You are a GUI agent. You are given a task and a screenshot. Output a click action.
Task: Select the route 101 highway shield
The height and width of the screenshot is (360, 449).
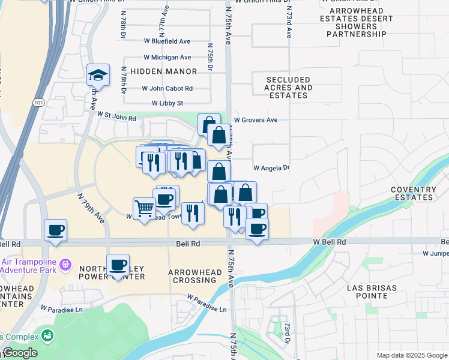[39, 103]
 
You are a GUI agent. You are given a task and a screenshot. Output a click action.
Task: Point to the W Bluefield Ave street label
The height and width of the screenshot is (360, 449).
[166, 41]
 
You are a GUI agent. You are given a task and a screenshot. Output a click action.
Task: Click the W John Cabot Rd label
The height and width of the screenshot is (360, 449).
[167, 88]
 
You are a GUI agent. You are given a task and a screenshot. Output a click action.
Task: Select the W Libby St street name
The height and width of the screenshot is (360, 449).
[167, 103]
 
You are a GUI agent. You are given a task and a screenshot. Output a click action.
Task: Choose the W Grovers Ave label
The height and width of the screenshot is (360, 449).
[256, 120]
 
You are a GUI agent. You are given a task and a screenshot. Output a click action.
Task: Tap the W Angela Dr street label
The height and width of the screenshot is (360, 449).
[271, 168]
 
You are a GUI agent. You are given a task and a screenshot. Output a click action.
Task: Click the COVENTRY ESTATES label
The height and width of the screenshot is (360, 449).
[412, 193]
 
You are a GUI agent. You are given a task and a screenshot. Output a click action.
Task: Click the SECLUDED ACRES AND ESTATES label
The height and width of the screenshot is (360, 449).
[289, 88]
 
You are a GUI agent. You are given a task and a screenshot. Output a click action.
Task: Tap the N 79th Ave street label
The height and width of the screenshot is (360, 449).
[91, 208]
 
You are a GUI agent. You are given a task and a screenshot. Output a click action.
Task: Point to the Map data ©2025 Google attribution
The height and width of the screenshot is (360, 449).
[411, 355]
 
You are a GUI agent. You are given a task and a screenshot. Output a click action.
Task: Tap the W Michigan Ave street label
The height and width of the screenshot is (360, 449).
[166, 57]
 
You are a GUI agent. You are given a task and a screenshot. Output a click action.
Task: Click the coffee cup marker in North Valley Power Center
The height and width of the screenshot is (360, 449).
[118, 266]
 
